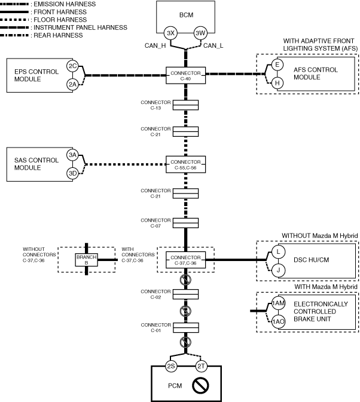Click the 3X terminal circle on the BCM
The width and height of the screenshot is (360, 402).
click(171, 33)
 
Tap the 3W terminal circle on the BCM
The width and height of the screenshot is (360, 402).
click(200, 33)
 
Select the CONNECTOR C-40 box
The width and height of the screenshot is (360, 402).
click(185, 75)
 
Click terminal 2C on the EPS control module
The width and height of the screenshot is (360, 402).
click(73, 66)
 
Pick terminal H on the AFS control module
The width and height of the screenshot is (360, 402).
click(277, 83)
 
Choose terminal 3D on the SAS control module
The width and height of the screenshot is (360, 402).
click(73, 173)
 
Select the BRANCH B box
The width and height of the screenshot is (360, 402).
click(87, 259)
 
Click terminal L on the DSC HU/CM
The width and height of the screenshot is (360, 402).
click(277, 252)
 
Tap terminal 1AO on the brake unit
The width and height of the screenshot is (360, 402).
click(278, 321)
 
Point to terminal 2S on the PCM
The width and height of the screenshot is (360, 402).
click(172, 366)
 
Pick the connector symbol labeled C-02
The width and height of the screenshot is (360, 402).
click(185, 293)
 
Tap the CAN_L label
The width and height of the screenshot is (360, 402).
click(213, 45)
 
